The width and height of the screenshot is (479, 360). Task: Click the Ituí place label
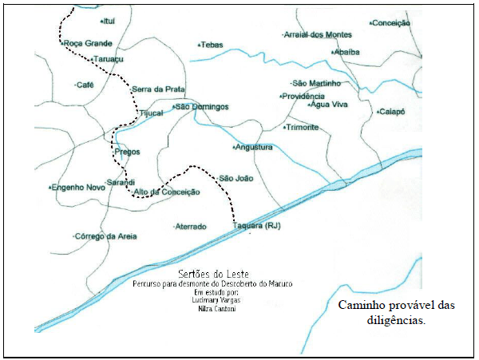109,22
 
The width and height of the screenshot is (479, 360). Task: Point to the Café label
84,85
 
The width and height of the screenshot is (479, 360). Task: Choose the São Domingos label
201,107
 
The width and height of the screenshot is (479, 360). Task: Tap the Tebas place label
211,45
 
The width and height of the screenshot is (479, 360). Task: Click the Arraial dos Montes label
319,35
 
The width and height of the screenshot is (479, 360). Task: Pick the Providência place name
303,96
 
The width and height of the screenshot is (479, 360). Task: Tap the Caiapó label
392,112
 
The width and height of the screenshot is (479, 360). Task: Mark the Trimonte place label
303,128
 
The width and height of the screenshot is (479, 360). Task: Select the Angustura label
255,148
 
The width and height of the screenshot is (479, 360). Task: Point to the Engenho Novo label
77,187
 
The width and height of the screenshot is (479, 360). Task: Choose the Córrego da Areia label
105,236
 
